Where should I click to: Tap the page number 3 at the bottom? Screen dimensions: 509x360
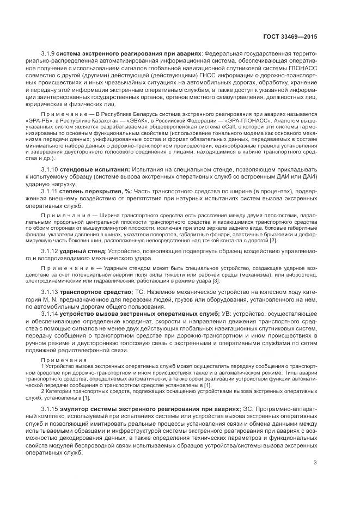point(315,463)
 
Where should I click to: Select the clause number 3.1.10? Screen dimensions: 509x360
point(50,170)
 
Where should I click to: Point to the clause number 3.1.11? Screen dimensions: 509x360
point(50,191)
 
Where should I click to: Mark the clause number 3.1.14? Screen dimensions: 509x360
point(50,314)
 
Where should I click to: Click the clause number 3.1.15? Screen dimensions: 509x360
point(50,408)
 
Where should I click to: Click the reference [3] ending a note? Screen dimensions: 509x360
point(216,280)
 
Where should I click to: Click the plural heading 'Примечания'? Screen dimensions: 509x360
point(60,360)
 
